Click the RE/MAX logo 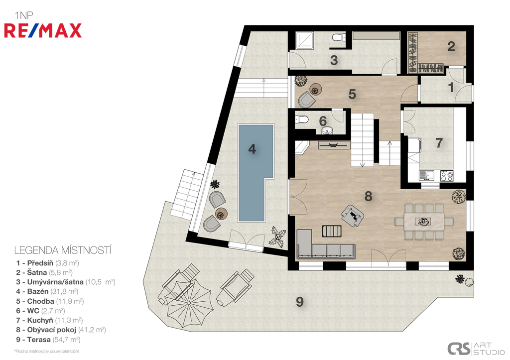tap(43, 31)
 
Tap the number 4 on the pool tap(252, 149)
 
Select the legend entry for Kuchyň tap(49, 320)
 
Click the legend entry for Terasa tap(48, 340)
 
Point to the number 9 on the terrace tap(299, 302)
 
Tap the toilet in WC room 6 tap(302, 120)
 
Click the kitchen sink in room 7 tap(426, 176)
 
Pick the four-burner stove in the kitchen tap(447, 176)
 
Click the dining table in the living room tap(424, 222)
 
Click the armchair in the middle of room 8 tap(352, 215)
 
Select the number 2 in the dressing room tap(451, 46)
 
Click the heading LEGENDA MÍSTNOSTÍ tap(63, 250)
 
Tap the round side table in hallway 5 tap(315, 89)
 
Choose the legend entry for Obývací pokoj tap(61, 330)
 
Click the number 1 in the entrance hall tap(451, 87)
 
